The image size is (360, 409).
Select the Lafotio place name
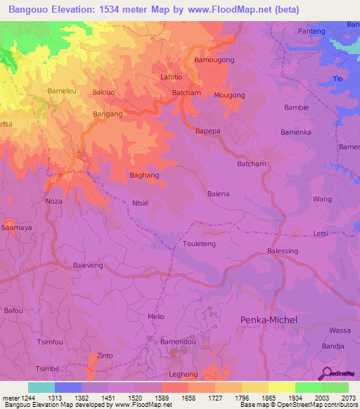pos(172,77)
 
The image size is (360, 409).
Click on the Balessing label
pos(283,251)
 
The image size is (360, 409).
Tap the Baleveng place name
pos(88,266)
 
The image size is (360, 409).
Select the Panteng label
pos(312,31)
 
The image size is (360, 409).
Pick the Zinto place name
pos(105,356)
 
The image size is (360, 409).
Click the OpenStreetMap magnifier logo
pos(326,373)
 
